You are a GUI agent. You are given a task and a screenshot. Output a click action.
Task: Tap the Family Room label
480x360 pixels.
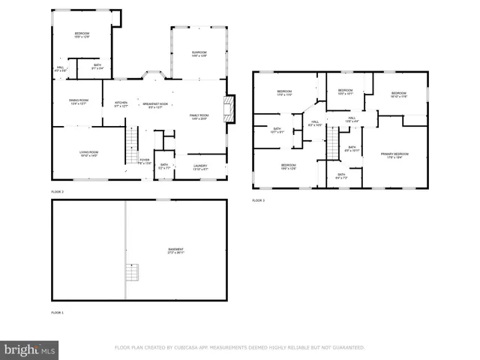point(199,115)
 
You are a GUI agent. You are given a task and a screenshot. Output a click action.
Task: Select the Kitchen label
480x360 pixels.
point(121,104)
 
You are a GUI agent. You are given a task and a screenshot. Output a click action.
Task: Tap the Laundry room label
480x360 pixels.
point(200,166)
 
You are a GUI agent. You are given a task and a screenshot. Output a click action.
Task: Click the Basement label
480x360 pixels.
point(175,250)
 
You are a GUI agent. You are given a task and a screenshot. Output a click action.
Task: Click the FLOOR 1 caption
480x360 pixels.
point(58,312)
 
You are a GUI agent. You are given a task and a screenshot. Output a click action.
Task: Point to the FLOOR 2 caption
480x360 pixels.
point(58,192)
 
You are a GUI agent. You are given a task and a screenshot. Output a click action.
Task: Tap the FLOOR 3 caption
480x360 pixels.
point(258,200)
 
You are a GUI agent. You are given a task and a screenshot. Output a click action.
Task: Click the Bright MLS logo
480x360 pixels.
point(30,349)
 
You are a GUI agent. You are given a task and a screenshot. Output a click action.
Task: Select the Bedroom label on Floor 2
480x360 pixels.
point(82,34)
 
